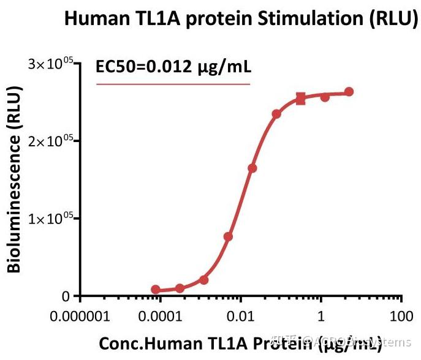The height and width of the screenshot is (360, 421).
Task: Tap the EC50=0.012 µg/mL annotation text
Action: click(x=174, y=66)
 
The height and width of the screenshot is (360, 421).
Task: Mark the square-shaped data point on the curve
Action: click(x=301, y=99)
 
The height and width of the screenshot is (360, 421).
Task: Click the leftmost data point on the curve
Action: click(x=156, y=290)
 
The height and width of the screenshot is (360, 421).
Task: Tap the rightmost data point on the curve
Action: click(x=349, y=92)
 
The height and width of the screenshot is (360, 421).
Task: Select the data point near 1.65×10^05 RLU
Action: click(x=252, y=168)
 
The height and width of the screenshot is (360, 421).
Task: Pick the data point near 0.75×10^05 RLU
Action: click(x=228, y=237)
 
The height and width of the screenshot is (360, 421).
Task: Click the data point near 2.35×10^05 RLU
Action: click(x=276, y=114)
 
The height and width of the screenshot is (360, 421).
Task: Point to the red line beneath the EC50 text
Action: click(x=174, y=84)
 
